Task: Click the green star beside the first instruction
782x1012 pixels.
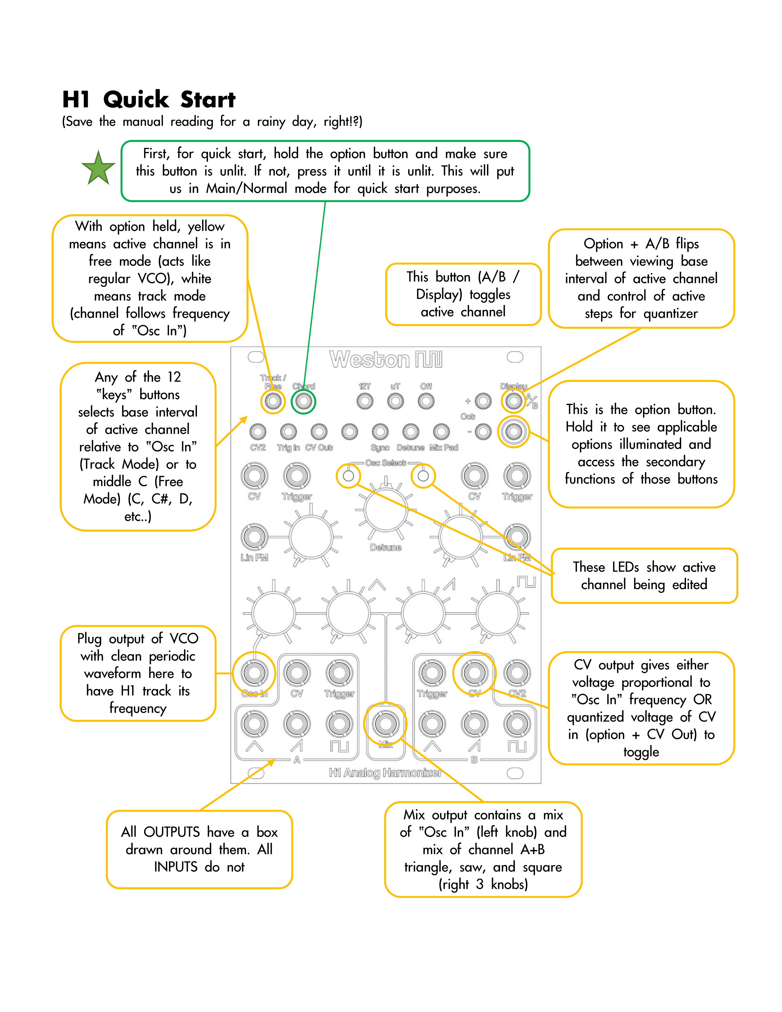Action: tap(98, 168)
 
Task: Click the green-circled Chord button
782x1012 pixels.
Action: tap(303, 401)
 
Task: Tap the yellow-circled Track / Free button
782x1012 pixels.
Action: tap(273, 401)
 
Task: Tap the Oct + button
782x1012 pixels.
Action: tap(483, 401)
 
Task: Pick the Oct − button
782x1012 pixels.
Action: tap(483, 432)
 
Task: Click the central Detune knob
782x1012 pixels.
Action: tap(386, 510)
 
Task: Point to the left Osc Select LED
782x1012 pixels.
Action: tap(348, 476)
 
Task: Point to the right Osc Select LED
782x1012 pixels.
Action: tap(423, 476)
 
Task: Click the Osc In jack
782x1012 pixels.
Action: tap(254, 673)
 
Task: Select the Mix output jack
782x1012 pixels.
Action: tap(385, 724)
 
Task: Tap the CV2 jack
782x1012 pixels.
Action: tap(517, 673)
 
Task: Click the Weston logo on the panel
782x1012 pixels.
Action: tap(385, 360)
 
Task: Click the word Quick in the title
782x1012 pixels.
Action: tap(136, 100)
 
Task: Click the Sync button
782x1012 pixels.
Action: tap(380, 432)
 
